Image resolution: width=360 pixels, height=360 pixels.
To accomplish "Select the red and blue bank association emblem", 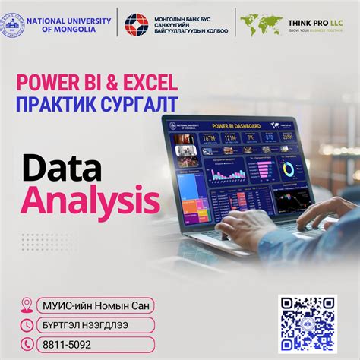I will coord(137,25).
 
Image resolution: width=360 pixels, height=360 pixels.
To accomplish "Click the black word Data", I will coord(60,168).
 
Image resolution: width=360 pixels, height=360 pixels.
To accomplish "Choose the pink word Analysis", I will coord(90,200).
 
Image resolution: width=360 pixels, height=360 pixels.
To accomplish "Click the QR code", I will coord(306,323).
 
